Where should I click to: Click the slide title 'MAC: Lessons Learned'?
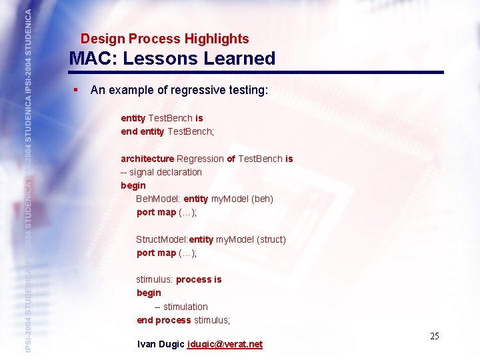[172, 59]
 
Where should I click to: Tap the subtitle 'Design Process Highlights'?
[165, 39]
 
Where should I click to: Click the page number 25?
[434, 336]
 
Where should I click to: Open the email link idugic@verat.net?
[225, 344]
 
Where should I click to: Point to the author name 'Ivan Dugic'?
[161, 344]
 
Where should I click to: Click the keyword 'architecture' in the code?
[147, 159]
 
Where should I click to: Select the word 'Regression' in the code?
[200, 159]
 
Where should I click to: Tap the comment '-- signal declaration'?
[161, 172]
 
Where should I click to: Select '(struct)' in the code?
[271, 239]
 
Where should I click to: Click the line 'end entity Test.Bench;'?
[167, 131]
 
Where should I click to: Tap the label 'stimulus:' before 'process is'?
[155, 279]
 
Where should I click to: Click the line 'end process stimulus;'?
[183, 320]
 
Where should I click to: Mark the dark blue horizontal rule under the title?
[256, 73]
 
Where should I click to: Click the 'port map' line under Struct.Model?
[167, 253]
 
